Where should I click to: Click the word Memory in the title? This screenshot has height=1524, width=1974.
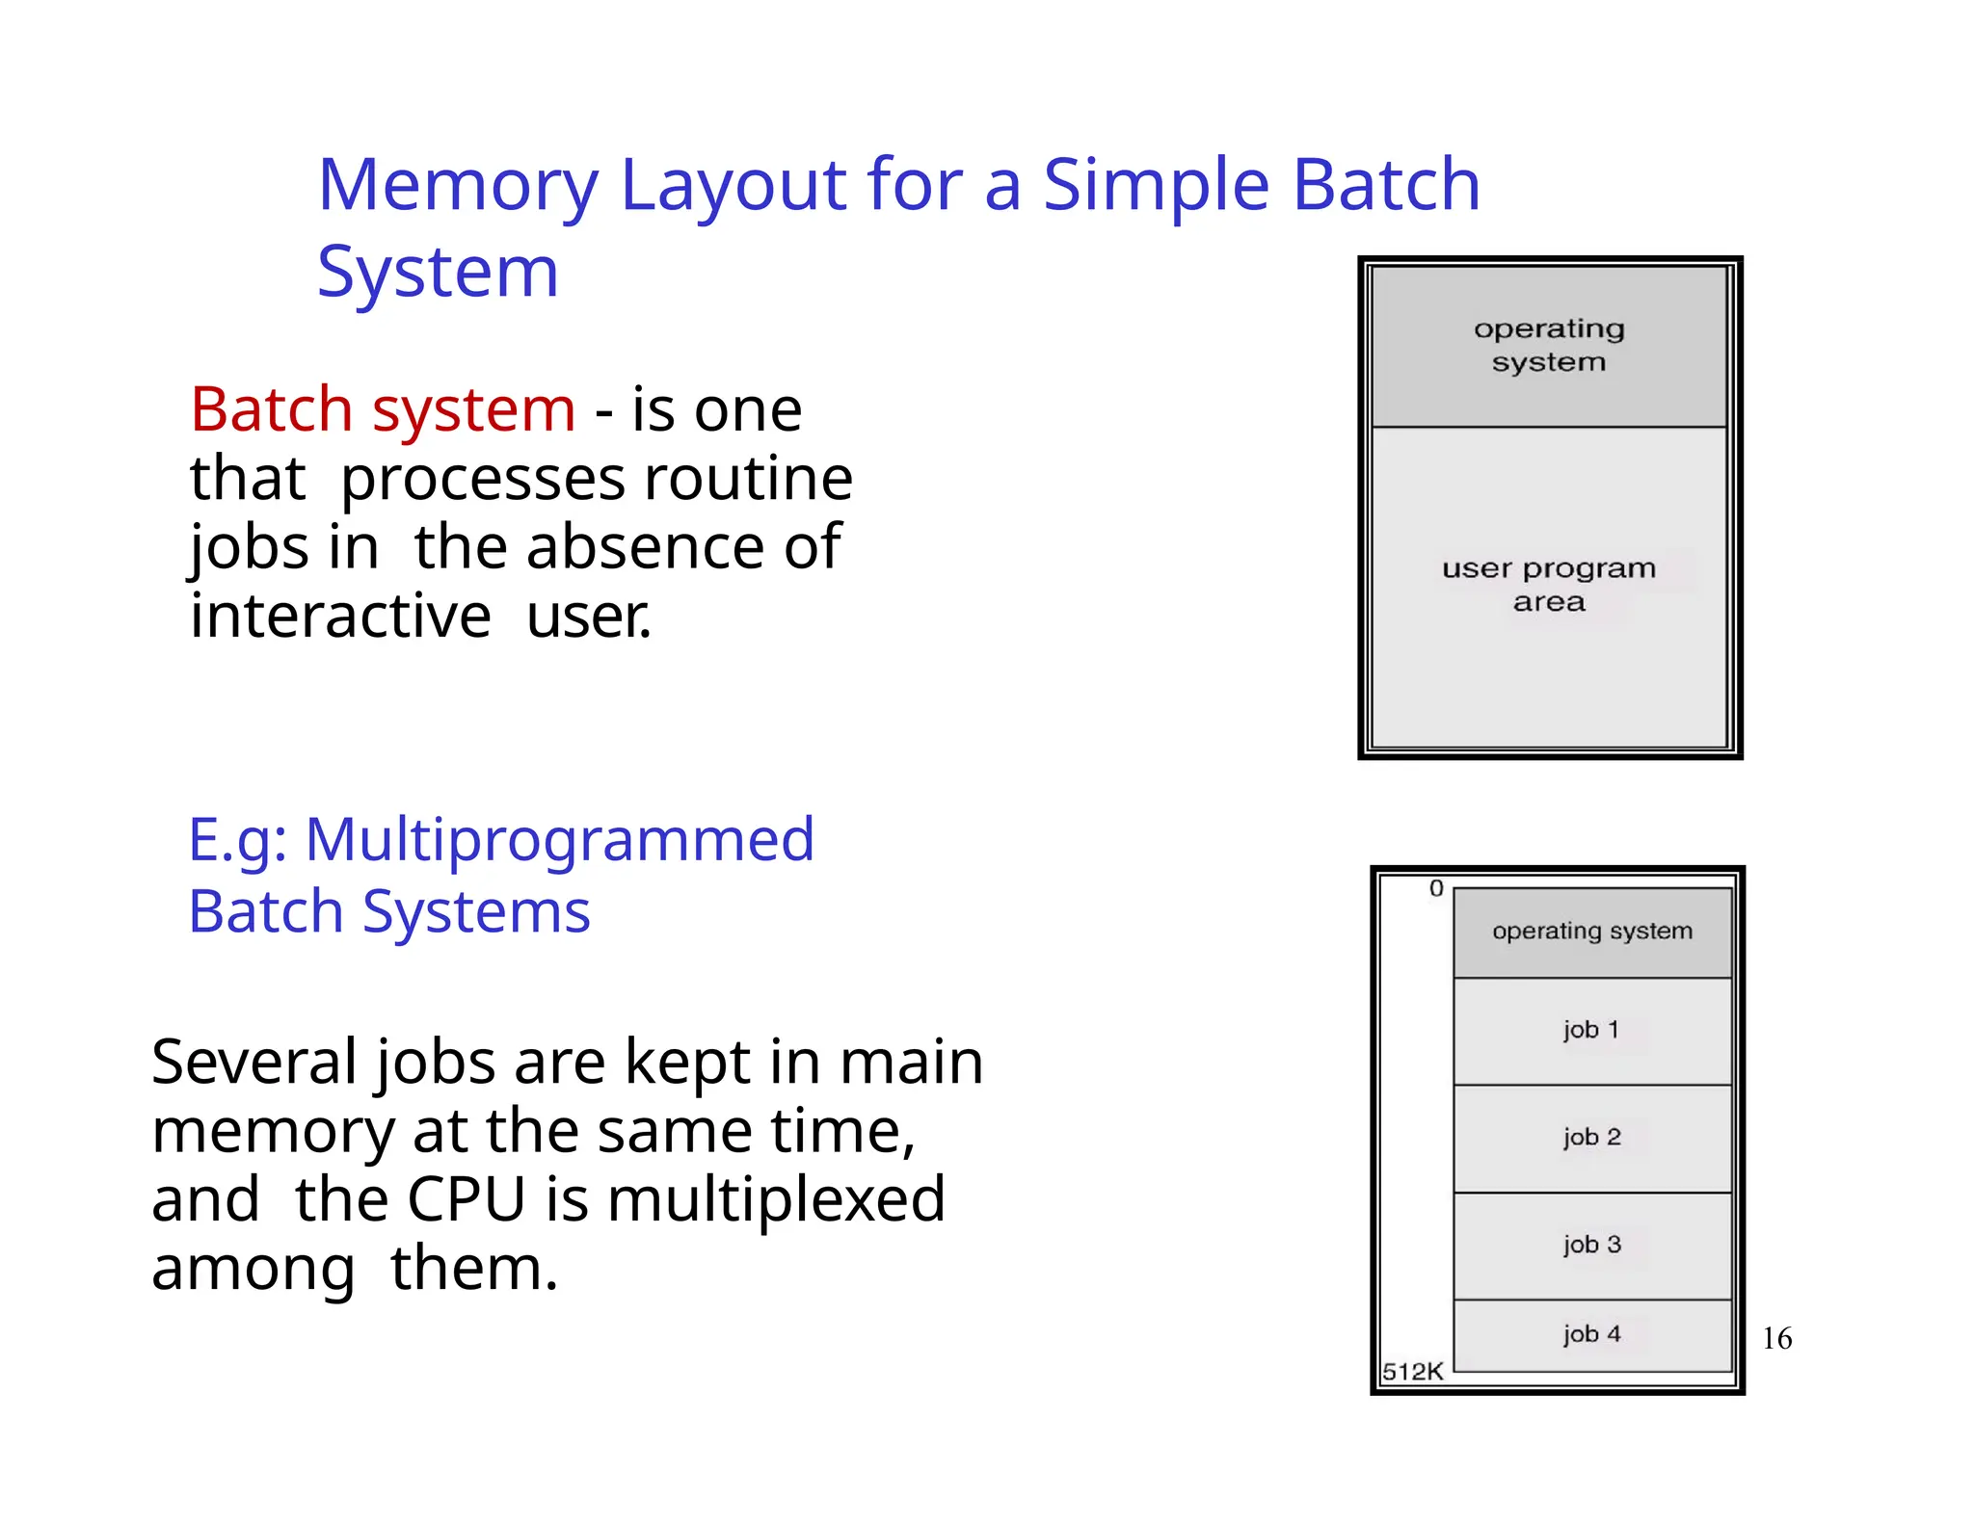pyautogui.click(x=458, y=185)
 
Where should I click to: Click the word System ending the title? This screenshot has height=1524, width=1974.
pyautogui.click(x=438, y=273)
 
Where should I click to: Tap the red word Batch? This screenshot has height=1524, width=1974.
pyautogui.click(x=271, y=409)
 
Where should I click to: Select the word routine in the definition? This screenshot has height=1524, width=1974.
pyautogui.click(x=748, y=479)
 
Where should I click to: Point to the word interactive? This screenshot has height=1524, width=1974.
pyautogui.click(x=340, y=617)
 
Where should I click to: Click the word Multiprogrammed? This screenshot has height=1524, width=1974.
pyautogui.click(x=559, y=839)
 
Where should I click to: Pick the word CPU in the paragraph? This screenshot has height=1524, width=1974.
pyautogui.click(x=466, y=1199)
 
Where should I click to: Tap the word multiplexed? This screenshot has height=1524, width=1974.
pyautogui.click(x=776, y=1199)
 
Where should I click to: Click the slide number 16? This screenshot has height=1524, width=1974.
pyautogui.click(x=1776, y=1338)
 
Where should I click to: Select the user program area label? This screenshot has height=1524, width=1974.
pyautogui.click(x=1548, y=585)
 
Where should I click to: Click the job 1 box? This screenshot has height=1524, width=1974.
pyautogui.click(x=1591, y=1031)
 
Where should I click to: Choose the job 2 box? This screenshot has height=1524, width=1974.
pyautogui.click(x=1591, y=1138)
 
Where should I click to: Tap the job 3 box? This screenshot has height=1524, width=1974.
pyautogui.click(x=1591, y=1245)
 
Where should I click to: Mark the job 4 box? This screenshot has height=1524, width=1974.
pyautogui.click(x=1591, y=1334)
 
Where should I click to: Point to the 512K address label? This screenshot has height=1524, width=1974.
pyautogui.click(x=1412, y=1371)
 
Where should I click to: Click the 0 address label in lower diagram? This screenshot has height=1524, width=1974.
pyautogui.click(x=1435, y=888)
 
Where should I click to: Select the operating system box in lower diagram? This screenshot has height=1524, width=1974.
pyautogui.click(x=1591, y=932)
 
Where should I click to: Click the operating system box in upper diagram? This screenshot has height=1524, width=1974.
pyautogui.click(x=1548, y=346)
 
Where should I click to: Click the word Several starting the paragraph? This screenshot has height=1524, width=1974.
pyautogui.click(x=253, y=1062)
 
